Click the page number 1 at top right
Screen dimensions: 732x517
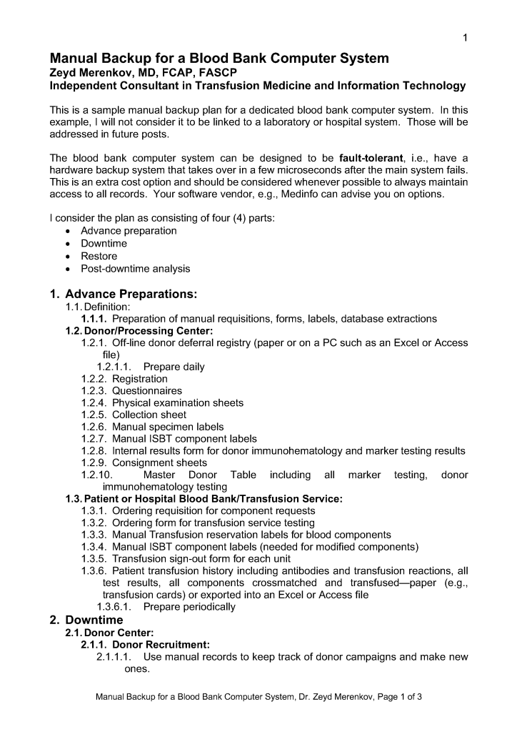464,38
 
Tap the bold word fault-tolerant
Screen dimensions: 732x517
372,157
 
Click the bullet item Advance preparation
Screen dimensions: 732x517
129,230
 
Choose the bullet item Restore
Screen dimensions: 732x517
99,256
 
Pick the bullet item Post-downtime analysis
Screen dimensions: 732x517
135,269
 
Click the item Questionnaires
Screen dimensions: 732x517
147,390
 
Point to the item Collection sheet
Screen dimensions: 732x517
149,415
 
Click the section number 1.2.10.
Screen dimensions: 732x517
96,475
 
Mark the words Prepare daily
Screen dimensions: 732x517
174,367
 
